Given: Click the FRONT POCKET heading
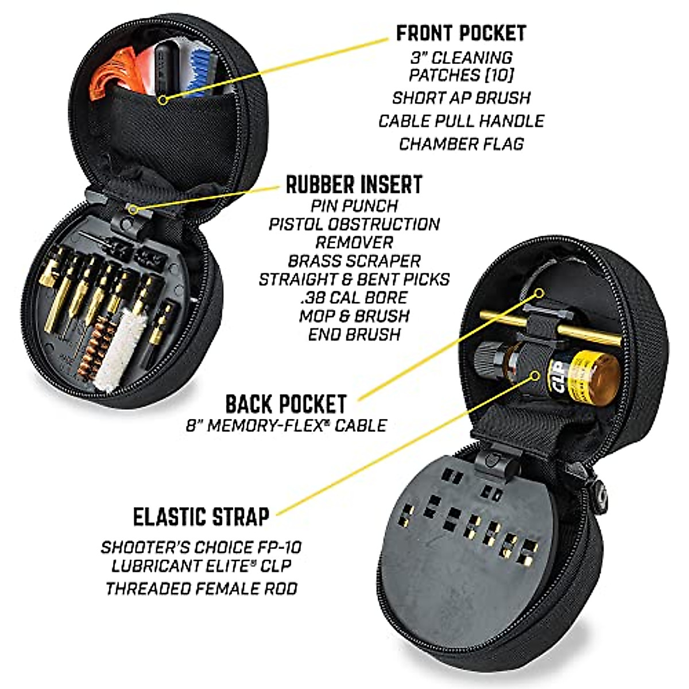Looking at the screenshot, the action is (460, 33).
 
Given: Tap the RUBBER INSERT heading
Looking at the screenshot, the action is (354, 184).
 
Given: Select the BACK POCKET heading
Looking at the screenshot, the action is (286, 404).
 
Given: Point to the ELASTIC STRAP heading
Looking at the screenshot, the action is (201, 516).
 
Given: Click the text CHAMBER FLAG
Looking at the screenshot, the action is (461, 144).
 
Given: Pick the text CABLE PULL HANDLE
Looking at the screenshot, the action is (461, 121).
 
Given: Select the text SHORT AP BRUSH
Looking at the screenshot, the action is (461, 98).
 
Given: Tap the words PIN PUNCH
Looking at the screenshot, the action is (354, 205).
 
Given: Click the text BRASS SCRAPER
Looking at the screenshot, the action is (354, 261).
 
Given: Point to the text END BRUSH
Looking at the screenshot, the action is (354, 334).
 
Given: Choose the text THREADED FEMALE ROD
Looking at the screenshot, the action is (201, 588).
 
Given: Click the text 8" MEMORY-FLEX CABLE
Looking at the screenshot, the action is (286, 425).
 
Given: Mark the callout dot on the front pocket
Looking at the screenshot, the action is (164, 100).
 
